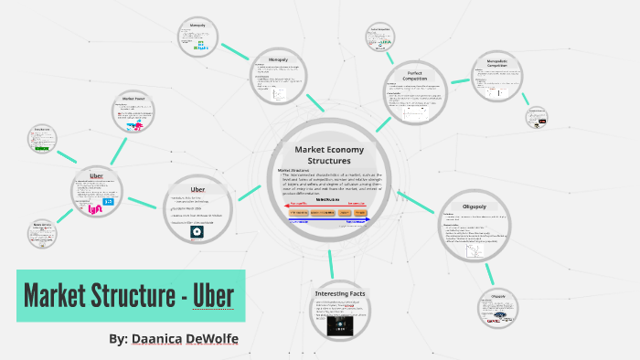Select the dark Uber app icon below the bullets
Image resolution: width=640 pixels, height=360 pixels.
click(x=197, y=232)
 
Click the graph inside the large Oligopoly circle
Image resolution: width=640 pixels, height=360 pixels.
click(x=475, y=246)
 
